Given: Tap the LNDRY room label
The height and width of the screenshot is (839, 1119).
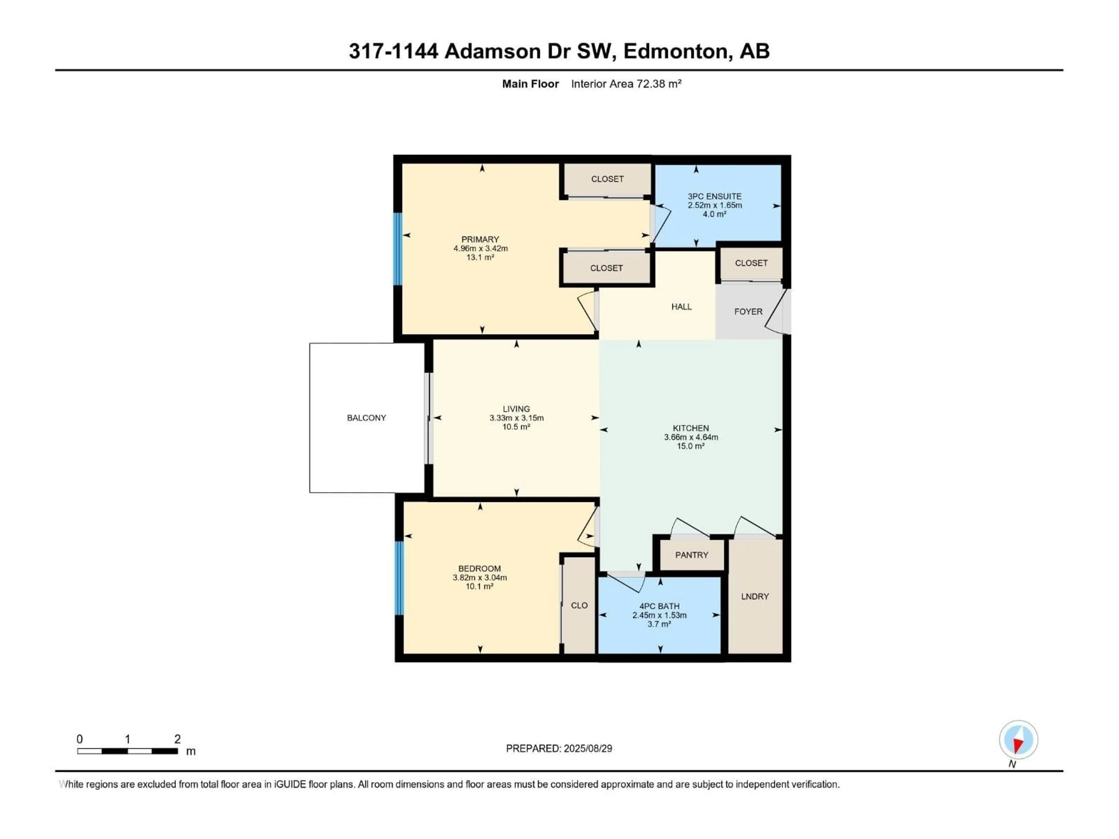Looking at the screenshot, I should click(755, 596).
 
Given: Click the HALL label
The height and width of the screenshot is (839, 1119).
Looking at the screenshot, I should click(681, 306).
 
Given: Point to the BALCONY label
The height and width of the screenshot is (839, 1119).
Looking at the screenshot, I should click(366, 418).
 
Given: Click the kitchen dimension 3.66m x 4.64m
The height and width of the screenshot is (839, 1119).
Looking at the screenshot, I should click(691, 437).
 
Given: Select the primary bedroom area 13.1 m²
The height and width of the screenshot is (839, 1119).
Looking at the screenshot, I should click(480, 258).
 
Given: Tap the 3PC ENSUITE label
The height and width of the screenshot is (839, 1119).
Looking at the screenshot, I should click(714, 196).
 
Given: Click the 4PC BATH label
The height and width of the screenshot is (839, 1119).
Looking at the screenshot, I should click(659, 606).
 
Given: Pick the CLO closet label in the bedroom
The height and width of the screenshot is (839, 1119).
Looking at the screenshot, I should click(579, 605).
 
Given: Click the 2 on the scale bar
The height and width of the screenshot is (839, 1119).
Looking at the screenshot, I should click(177, 739).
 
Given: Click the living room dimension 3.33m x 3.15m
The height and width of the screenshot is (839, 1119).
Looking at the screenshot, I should click(516, 418).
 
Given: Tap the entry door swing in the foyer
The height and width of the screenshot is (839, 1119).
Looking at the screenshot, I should click(777, 313).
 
